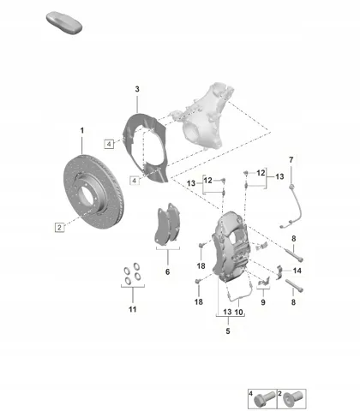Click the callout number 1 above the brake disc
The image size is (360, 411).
pos(82,131)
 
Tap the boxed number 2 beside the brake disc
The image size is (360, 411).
pos(59,227)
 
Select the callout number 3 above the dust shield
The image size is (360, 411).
pos(137,89)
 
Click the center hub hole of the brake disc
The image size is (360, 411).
pos(86,196)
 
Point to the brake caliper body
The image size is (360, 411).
pos(231,246)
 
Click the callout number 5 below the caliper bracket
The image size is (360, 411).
pos(228,331)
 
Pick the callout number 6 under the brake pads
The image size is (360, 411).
pos(168,271)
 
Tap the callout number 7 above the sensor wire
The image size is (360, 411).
pos(291,160)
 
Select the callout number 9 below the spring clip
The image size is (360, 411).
pos(263,302)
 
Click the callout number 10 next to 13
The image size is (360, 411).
pos(238,312)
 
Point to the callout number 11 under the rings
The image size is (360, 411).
pos(133,309)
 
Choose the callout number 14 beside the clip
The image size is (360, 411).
pos(297,271)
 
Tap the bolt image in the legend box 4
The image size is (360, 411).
pos(261,400)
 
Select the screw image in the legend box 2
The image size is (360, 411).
pos(292,400)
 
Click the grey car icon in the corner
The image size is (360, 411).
pos(64,23)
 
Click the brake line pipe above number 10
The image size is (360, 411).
pos(240,297)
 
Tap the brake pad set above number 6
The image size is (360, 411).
pos(168,224)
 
